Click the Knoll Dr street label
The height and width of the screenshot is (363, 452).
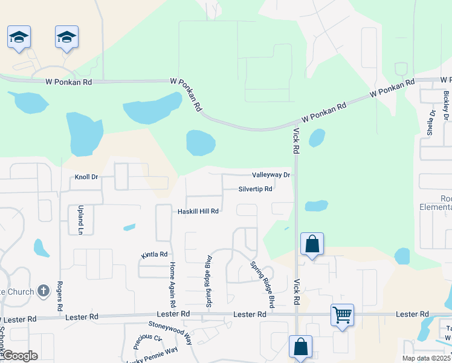(86, 177)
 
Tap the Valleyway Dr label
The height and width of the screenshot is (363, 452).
(271, 175)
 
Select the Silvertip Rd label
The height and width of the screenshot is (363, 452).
(255, 189)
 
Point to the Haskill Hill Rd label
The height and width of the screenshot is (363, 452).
(198, 211)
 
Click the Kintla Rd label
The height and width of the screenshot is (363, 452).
(153, 255)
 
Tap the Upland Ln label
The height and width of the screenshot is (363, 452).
(80, 219)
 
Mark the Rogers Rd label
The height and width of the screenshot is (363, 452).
(60, 296)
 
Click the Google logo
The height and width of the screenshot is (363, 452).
(19, 356)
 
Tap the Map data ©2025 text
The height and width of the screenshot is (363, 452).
(427, 358)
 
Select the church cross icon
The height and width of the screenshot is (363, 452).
(43, 292)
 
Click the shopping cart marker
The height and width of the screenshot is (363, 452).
(342, 314)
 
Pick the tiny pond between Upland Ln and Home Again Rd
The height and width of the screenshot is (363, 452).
(129, 227)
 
